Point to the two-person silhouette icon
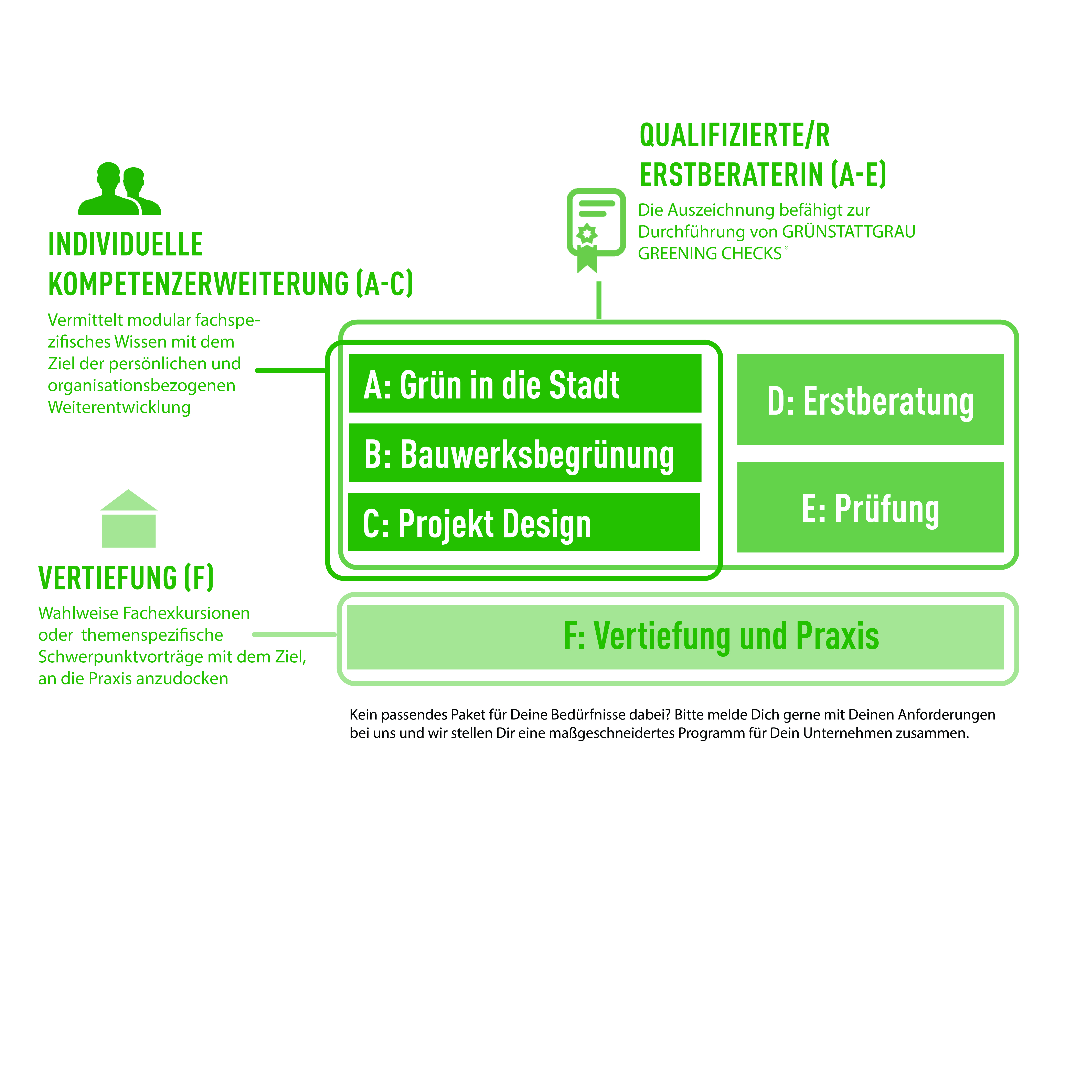pyautogui.click(x=119, y=189)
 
